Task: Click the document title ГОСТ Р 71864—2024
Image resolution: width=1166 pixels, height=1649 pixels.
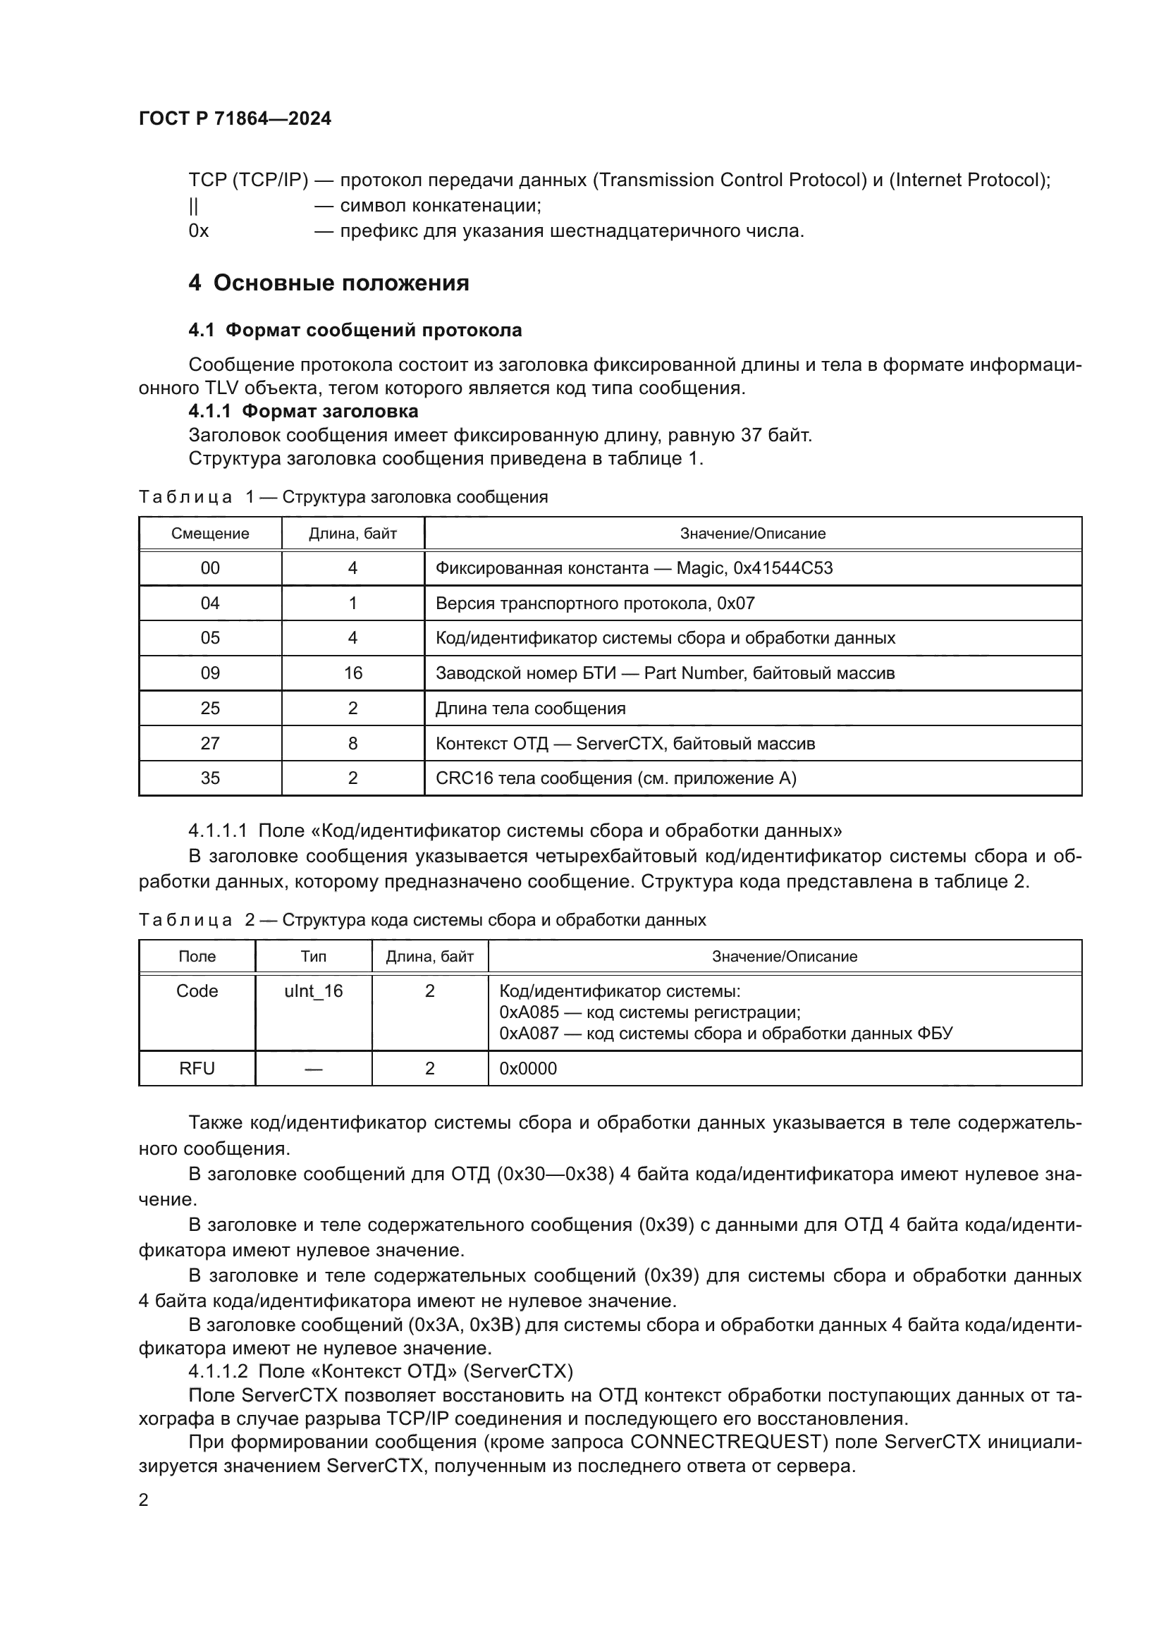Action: pos(235,118)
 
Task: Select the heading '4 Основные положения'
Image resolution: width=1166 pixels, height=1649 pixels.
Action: pos(328,283)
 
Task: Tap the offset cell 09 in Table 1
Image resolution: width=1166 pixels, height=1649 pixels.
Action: pos(209,673)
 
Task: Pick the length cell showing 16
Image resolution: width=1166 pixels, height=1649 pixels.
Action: pos(352,673)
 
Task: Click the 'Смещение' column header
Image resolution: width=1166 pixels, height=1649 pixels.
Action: pos(209,534)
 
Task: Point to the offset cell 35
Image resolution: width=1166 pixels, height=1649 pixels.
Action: pos(209,778)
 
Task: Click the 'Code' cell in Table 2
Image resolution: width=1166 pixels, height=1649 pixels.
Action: pos(197,991)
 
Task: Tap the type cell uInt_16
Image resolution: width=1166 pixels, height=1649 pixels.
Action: pos(313,991)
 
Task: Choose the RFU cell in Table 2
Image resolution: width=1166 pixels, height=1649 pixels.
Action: pos(197,1069)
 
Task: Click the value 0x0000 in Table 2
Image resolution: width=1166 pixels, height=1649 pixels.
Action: pos(528,1069)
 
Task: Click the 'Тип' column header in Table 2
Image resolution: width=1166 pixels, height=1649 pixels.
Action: pos(313,957)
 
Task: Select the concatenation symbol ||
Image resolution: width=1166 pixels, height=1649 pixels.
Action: pos(194,206)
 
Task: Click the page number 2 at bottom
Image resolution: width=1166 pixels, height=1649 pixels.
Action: pos(144,1500)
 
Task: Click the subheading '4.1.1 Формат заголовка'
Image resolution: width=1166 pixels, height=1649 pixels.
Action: pos(303,412)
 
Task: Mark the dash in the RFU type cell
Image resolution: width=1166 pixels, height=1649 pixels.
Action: pos(313,1069)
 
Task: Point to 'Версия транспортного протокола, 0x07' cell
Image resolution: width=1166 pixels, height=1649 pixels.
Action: pos(594,603)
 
